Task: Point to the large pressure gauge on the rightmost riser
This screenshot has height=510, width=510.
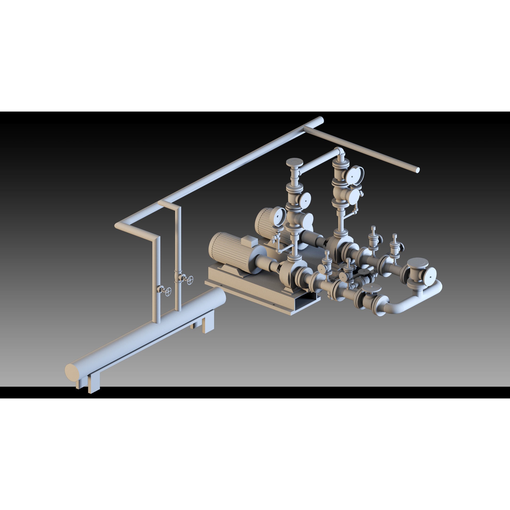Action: [x=354, y=174]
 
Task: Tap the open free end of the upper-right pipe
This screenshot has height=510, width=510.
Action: [x=418, y=170]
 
